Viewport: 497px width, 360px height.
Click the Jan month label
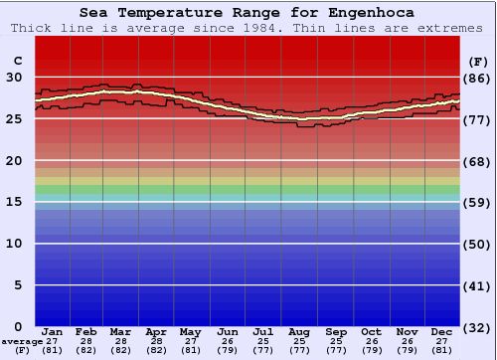coord(53,331)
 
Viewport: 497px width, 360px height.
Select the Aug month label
coord(299,331)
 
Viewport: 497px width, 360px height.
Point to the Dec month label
coord(442,331)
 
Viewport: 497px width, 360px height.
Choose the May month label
coord(192,331)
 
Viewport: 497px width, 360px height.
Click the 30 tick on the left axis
coord(14,77)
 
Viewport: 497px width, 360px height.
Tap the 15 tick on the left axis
coord(14,202)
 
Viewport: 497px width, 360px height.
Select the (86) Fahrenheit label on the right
coord(478,78)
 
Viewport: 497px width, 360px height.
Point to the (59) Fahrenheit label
coord(478,203)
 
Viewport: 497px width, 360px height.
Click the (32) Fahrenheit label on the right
coord(478,327)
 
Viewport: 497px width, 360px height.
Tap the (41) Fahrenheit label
coord(478,286)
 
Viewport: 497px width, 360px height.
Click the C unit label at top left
coord(16,60)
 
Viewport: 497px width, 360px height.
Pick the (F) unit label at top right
coord(478,60)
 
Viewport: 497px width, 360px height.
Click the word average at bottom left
coord(21,341)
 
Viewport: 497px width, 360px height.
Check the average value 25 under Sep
coord(336,341)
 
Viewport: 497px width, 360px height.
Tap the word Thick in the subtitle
coord(31,27)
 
